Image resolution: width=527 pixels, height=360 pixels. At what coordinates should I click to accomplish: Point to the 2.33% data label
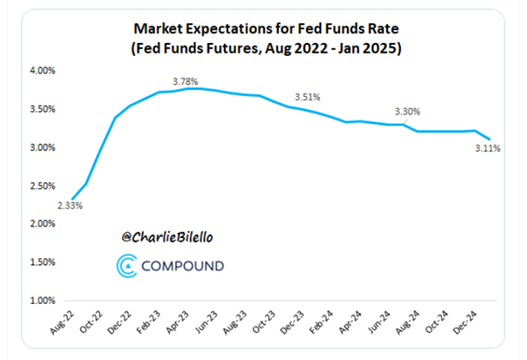click(69, 205)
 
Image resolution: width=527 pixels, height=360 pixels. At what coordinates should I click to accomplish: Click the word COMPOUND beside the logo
click(183, 267)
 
